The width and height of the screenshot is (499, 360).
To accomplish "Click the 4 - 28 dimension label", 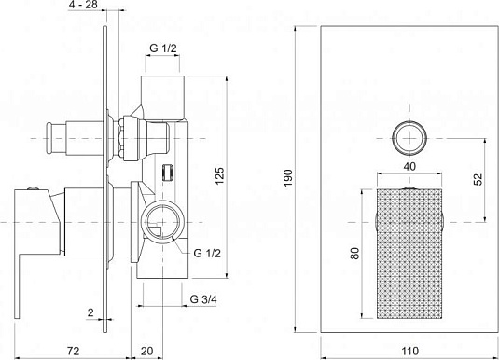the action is click(83, 5).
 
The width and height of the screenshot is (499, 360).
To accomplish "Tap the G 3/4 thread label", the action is click(203, 299).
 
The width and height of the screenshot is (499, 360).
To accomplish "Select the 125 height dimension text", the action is click(219, 175).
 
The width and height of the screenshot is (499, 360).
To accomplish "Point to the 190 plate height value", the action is click(287, 178).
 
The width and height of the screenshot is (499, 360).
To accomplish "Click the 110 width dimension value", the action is click(409, 351).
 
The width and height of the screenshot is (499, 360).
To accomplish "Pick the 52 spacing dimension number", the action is click(478, 179).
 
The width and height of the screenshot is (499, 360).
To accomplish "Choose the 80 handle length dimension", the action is click(355, 253).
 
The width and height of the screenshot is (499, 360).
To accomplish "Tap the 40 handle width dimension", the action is click(409, 166).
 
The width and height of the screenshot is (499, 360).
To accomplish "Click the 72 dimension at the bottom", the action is click(73, 351).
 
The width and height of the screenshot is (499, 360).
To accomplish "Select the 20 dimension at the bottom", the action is click(146, 351).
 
